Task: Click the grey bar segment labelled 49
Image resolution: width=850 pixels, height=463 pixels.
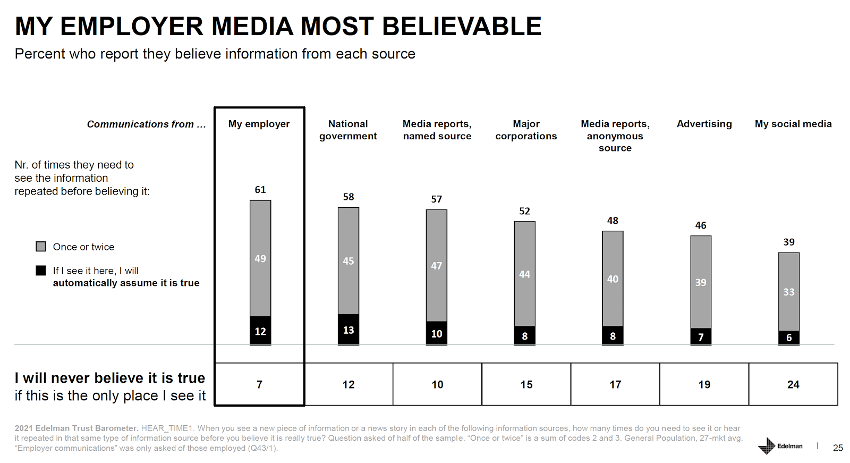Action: [260, 258]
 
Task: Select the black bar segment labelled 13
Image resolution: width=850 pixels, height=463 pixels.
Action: [348, 330]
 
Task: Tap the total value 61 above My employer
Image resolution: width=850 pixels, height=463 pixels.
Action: [260, 190]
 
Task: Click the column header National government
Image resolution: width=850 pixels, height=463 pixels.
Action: [348, 130]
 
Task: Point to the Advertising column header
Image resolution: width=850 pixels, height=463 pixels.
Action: [704, 124]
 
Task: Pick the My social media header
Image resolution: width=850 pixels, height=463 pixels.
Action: [793, 124]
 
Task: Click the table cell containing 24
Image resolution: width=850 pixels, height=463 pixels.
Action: [793, 384]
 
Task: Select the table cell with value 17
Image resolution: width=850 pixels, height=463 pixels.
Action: [615, 384]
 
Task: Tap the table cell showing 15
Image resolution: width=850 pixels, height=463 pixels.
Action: [526, 384]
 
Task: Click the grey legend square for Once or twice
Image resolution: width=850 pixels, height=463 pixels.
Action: [41, 247]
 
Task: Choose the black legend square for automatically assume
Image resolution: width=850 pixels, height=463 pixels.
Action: [41, 271]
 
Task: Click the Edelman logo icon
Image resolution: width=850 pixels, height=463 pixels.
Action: [767, 446]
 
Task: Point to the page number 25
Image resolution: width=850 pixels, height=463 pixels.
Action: [838, 448]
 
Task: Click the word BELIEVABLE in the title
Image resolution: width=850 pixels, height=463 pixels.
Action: [462, 27]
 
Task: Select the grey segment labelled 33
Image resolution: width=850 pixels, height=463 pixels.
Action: [789, 292]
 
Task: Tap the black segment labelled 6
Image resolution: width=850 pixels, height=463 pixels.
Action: [789, 338]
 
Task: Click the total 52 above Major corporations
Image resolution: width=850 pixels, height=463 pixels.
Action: [525, 211]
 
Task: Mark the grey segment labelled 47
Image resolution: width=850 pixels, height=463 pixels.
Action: [437, 266]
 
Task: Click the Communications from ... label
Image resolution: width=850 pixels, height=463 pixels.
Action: [146, 124]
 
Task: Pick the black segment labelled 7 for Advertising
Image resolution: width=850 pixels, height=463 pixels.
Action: [701, 337]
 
